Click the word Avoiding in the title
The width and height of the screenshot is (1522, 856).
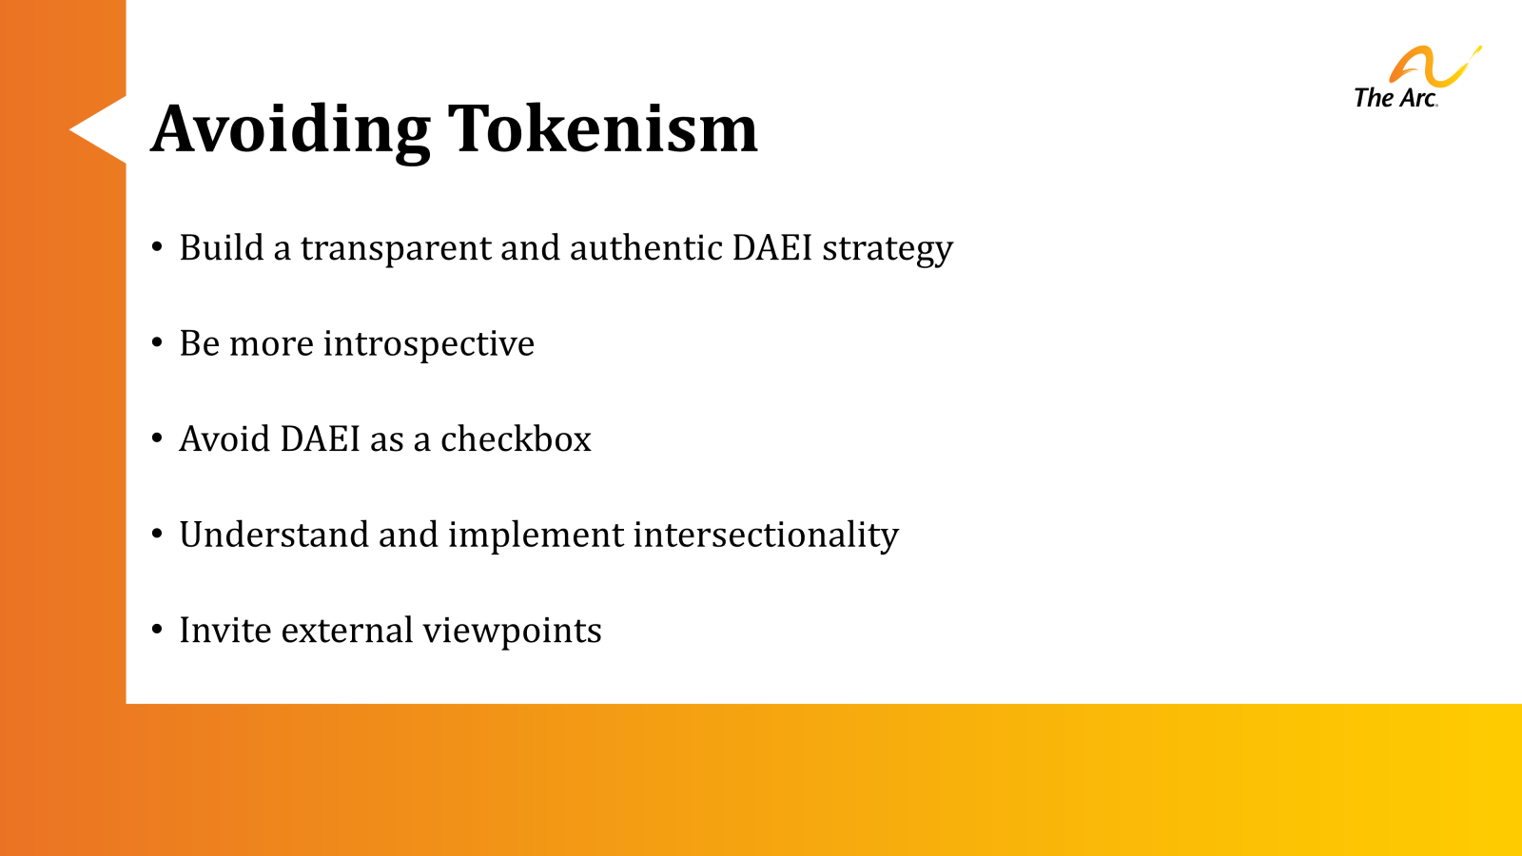point(290,128)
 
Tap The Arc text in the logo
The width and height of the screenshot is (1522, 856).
point(1395,98)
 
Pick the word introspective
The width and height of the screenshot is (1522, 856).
point(428,344)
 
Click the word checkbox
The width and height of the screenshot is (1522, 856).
point(516,439)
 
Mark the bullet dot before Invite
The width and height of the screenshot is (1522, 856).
point(157,629)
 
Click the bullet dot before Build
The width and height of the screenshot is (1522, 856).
point(157,246)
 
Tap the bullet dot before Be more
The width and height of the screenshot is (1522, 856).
point(157,342)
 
